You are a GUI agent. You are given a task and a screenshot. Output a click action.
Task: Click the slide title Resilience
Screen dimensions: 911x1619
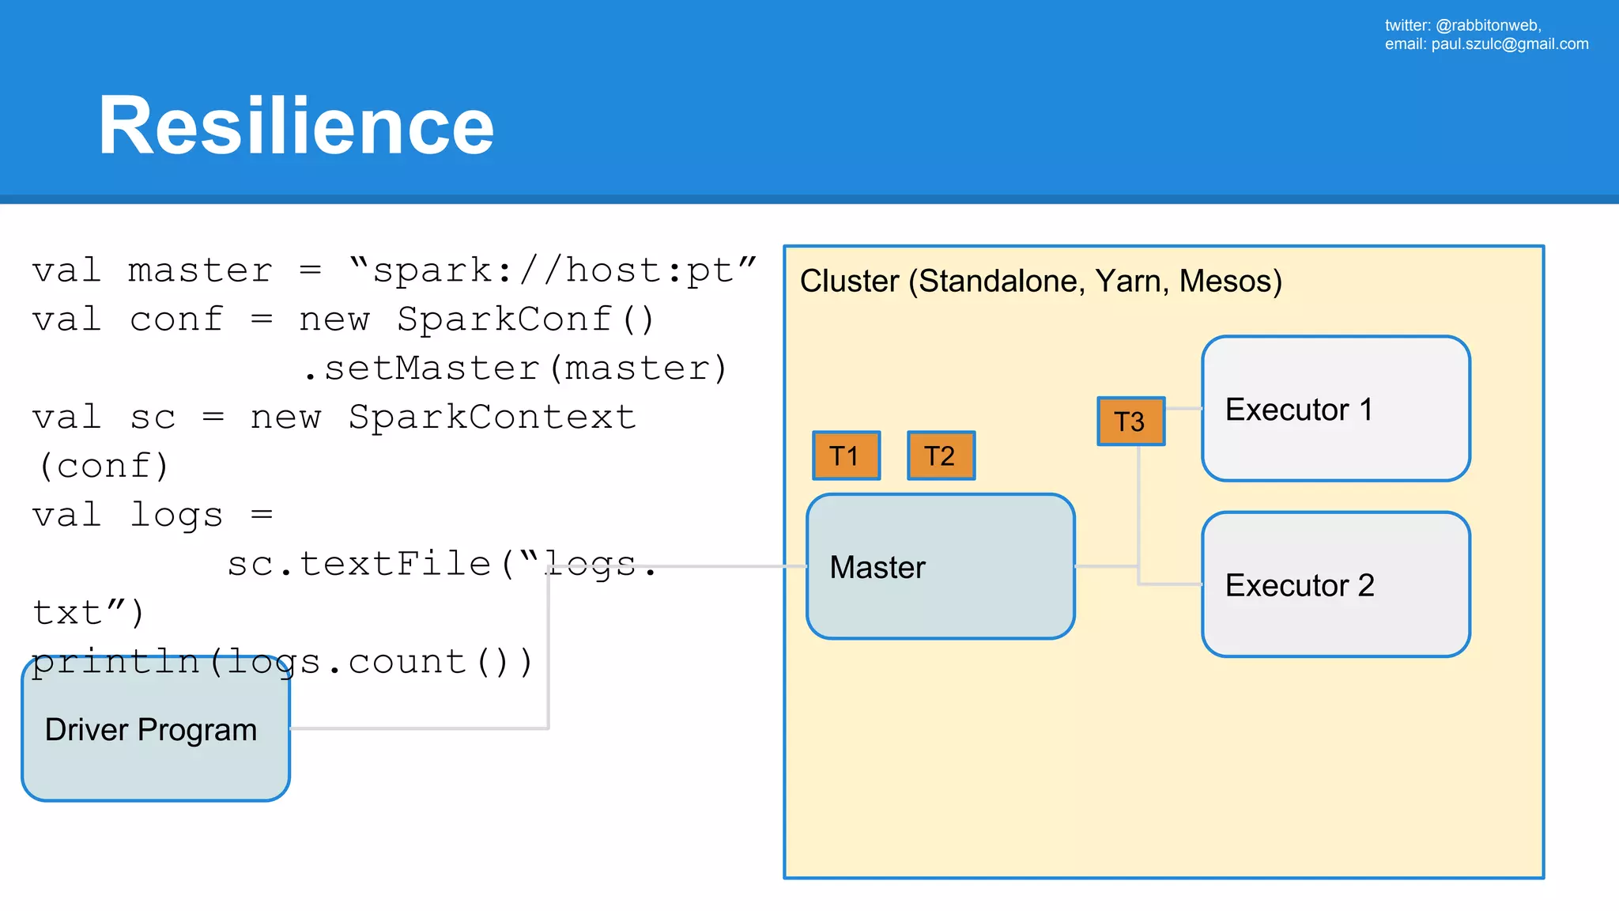pyautogui.click(x=296, y=126)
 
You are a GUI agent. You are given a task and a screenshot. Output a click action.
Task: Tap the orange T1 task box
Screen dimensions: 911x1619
pyautogui.click(x=846, y=455)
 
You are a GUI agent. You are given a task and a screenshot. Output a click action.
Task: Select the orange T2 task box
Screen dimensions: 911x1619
pyautogui.click(x=941, y=455)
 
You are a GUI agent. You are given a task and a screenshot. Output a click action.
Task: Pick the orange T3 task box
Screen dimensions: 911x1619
pyautogui.click(x=1130, y=421)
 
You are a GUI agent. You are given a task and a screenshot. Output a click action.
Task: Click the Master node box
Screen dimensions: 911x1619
pyautogui.click(x=940, y=566)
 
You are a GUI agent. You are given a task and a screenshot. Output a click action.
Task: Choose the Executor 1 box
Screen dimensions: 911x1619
pyautogui.click(x=1335, y=409)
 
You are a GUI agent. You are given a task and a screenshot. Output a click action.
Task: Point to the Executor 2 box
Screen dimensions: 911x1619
pyautogui.click(x=1335, y=584)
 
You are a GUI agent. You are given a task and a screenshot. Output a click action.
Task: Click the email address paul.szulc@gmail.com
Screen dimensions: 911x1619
pyautogui.click(x=1509, y=44)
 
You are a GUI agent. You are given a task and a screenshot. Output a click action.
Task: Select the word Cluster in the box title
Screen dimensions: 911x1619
pyautogui.click(x=849, y=282)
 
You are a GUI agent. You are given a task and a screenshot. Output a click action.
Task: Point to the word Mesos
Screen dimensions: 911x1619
pyautogui.click(x=1230, y=282)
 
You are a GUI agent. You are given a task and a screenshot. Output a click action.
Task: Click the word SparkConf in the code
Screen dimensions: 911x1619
pyautogui.click(x=504, y=320)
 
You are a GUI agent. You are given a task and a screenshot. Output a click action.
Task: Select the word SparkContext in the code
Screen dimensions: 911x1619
pyautogui.click(x=492, y=418)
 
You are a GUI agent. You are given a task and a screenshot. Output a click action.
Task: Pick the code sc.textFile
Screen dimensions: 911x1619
pyautogui.click(x=360, y=565)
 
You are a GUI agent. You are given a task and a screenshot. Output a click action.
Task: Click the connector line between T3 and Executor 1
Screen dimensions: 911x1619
pyautogui.click(x=1183, y=409)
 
